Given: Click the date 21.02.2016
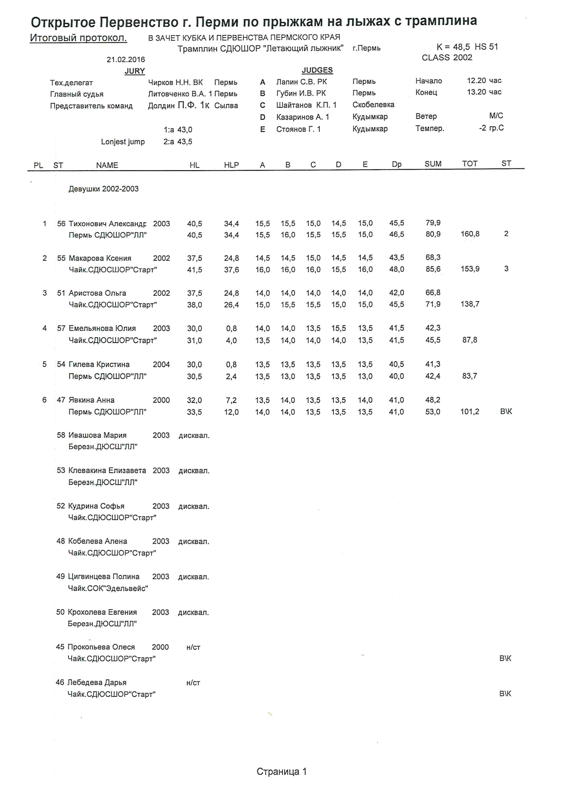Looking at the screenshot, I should (126, 59).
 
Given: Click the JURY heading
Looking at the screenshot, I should (134, 71).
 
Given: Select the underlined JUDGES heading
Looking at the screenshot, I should (317, 70).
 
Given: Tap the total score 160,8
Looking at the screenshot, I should (470, 234).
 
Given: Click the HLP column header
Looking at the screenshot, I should (231, 165).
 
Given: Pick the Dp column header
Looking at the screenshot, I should (396, 164).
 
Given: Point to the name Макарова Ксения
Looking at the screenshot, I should (100, 258).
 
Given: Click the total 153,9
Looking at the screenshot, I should (470, 269).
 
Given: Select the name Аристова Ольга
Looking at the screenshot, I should (97, 293).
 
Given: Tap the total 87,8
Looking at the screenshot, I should (470, 340).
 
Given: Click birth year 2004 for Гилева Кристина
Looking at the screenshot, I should (161, 364).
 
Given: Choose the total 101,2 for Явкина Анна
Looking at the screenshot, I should (470, 412).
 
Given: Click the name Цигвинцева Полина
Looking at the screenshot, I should (103, 576).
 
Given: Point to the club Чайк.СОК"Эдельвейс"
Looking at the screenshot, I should (108, 588).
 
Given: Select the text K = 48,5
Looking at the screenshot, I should (453, 47).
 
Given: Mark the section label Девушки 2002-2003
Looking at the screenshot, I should (103, 189).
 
